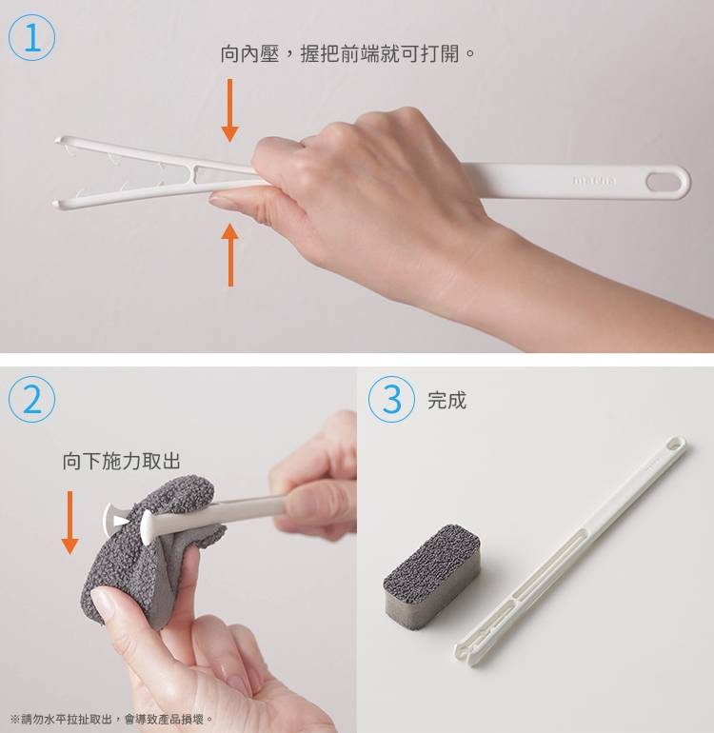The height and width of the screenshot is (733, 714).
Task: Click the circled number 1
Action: pos(31,37)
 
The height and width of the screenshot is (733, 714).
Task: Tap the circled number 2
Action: pos(31,399)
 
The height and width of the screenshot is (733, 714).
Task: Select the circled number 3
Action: pos(391,399)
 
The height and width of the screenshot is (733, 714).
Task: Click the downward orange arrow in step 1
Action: pos(229,110)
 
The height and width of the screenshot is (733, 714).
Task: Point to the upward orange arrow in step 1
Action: pos(230,255)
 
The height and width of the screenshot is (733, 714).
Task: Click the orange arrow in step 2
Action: pos(69,523)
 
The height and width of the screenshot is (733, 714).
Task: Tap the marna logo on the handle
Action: pos(594,181)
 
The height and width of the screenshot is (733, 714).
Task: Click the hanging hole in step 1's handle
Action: pos(664,182)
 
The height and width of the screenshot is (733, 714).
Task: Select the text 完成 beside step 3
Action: pos(447,400)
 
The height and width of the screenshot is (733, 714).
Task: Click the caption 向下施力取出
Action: pos(122,461)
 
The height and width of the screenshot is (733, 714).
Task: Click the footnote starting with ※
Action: pos(111,719)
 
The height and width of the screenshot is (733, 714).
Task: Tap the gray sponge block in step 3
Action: pos(431,576)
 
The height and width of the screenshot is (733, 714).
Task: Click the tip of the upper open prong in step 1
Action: pos(57,139)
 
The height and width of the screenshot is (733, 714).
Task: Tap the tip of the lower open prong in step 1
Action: pos(55,205)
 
